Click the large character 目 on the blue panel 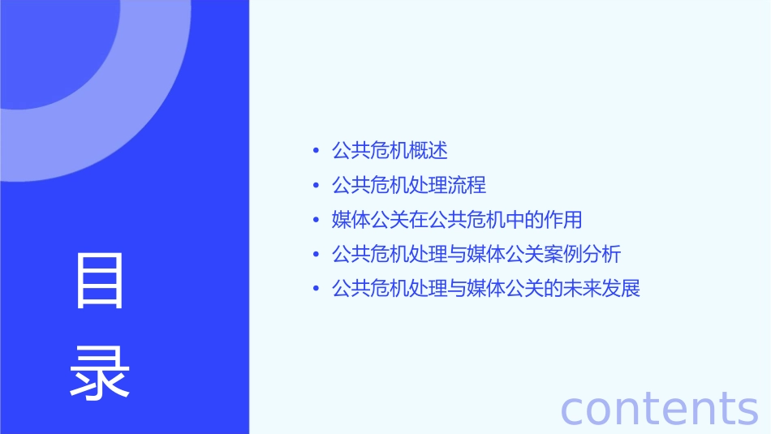[x=100, y=281]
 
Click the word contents [x=659, y=407]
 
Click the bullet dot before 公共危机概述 [x=316, y=151]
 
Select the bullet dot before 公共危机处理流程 [x=316, y=186]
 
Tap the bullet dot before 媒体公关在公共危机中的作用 [x=316, y=221]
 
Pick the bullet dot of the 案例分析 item [x=316, y=255]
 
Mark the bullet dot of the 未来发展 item [x=316, y=290]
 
